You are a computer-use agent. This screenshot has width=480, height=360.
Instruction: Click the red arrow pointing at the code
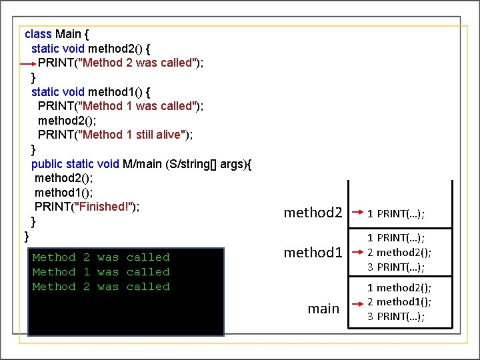27,63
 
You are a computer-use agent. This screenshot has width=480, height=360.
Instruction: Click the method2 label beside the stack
313,213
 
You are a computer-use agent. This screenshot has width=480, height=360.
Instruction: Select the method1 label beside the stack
313,252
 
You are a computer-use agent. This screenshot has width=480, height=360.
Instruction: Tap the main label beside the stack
323,308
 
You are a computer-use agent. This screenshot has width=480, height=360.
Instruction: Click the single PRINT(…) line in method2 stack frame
396,213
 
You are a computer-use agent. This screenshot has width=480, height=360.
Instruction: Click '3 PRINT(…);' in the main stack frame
396,316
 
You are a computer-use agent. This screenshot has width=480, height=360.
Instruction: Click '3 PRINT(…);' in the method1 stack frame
396,267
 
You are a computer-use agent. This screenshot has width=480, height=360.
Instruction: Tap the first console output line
101,257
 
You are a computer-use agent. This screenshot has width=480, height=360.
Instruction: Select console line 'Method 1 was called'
101,272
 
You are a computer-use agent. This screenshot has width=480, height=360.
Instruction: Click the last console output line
101,287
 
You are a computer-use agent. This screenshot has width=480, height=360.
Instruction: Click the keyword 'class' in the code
38,33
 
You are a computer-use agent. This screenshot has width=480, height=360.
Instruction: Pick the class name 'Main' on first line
68,33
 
